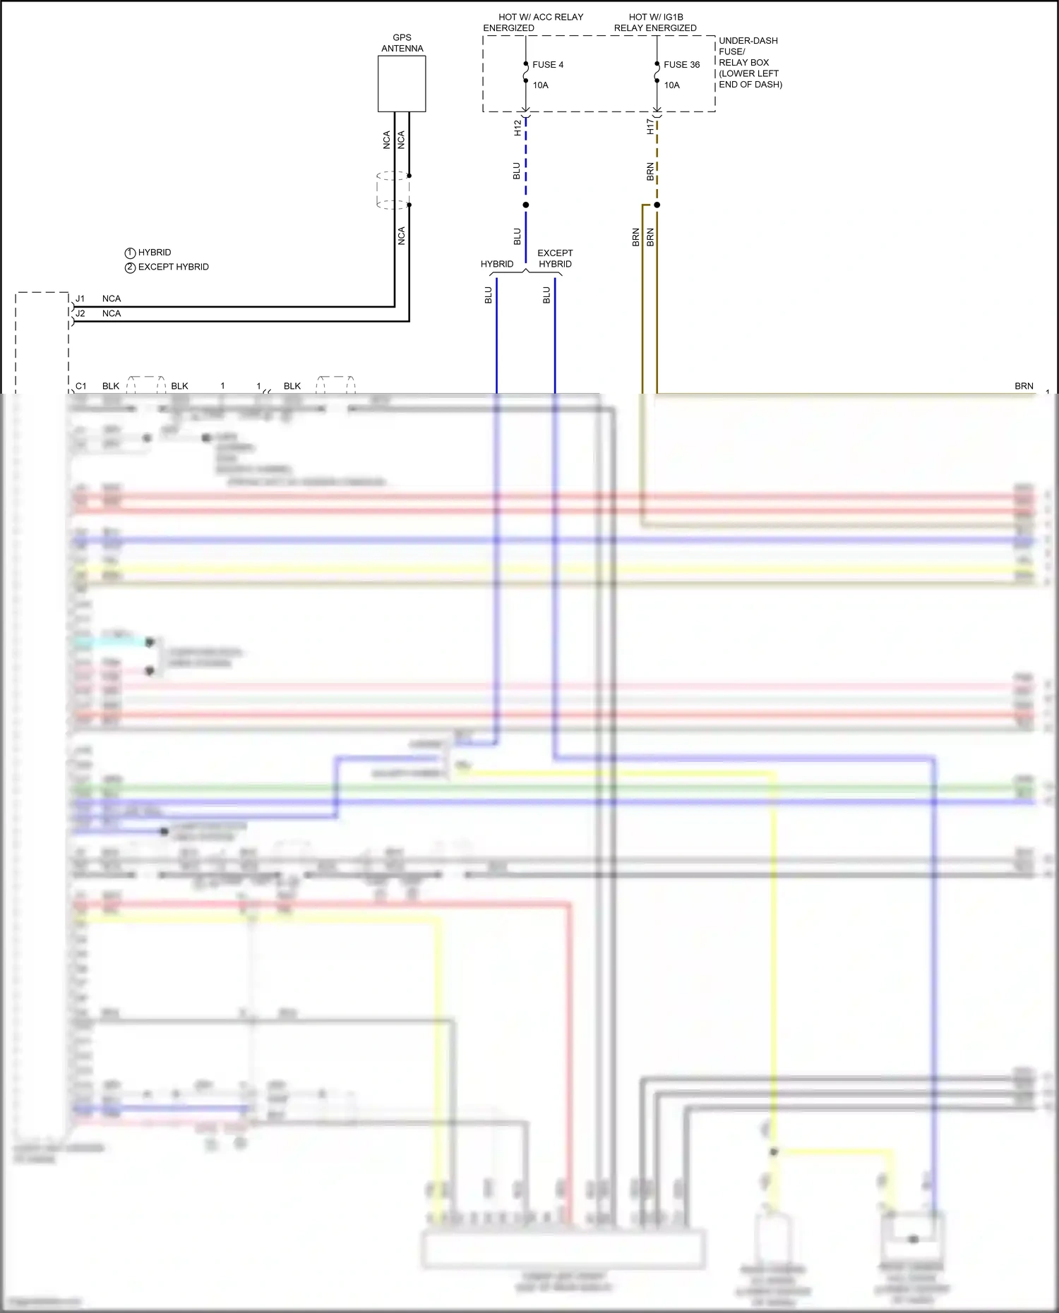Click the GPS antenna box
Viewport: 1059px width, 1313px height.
(x=402, y=84)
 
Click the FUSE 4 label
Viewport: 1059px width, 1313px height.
(x=548, y=65)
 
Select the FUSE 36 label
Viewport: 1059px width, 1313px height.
(x=681, y=65)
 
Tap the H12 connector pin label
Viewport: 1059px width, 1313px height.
(x=517, y=128)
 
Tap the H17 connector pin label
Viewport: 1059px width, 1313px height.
(x=650, y=127)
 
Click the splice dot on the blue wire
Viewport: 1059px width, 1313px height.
(x=526, y=205)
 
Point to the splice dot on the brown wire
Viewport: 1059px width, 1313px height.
(x=657, y=205)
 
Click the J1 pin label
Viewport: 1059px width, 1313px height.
(x=80, y=299)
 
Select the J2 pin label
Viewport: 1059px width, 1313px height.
(x=80, y=314)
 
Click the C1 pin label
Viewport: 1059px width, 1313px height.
(x=81, y=387)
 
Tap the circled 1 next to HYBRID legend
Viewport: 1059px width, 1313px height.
(x=130, y=253)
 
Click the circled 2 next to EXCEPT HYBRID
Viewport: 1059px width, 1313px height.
(x=130, y=268)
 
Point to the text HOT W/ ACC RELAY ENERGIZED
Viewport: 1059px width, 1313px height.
(x=534, y=23)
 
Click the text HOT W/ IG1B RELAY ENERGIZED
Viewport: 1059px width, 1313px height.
(x=655, y=23)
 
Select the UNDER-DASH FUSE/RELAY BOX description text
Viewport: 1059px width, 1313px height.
(x=750, y=63)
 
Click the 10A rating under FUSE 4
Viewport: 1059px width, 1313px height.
(x=541, y=85)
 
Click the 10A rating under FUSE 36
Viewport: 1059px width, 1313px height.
(x=672, y=85)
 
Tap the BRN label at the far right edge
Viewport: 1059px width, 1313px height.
(x=1024, y=387)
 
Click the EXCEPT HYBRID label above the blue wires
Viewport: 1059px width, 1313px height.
(x=555, y=259)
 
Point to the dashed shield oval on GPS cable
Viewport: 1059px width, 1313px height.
(x=393, y=190)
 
